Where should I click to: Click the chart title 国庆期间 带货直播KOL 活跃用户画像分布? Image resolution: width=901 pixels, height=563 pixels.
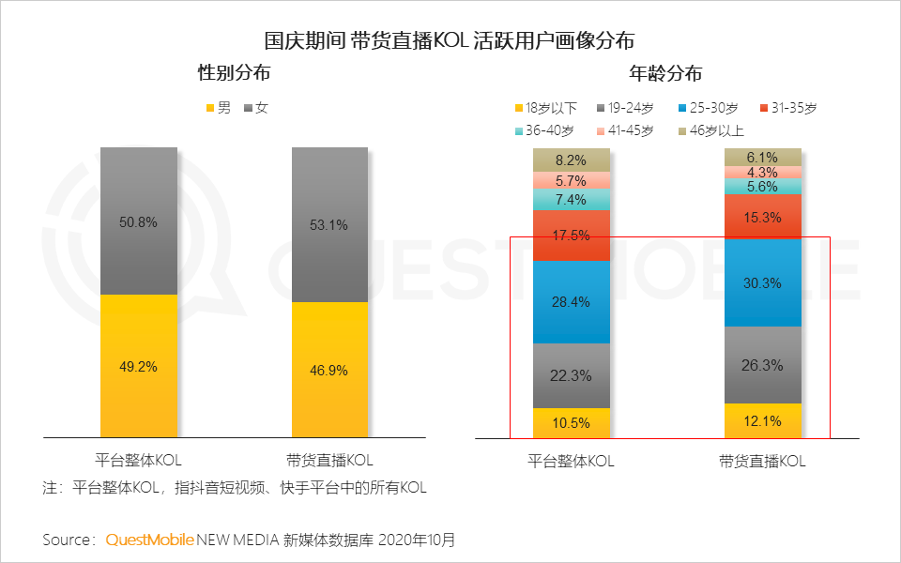(x=450, y=40)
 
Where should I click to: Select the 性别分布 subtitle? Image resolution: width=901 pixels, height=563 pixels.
(x=234, y=73)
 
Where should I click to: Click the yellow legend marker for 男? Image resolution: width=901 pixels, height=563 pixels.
(x=210, y=109)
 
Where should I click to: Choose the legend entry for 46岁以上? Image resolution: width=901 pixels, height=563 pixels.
(x=710, y=131)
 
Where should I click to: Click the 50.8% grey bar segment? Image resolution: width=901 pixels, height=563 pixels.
(x=139, y=221)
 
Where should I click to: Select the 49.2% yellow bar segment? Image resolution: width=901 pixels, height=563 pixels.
(x=139, y=366)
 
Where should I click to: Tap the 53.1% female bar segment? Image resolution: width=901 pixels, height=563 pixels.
(x=329, y=225)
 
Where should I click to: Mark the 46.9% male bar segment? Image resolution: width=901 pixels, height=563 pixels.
(x=329, y=370)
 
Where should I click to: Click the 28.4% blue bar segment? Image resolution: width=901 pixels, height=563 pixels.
(x=572, y=302)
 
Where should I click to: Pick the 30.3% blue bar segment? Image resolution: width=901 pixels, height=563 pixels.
(x=763, y=283)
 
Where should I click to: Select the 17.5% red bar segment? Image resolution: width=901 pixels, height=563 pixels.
(x=572, y=236)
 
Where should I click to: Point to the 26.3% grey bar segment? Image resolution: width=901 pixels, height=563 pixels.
(x=763, y=365)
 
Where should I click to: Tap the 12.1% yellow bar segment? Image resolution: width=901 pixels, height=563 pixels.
(x=763, y=420)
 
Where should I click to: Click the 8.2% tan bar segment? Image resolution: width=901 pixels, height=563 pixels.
(x=572, y=160)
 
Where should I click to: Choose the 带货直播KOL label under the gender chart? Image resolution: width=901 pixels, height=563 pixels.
(x=329, y=461)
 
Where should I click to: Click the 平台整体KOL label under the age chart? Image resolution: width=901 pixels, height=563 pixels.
(x=572, y=462)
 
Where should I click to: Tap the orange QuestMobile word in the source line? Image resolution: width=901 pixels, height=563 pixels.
(x=149, y=540)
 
